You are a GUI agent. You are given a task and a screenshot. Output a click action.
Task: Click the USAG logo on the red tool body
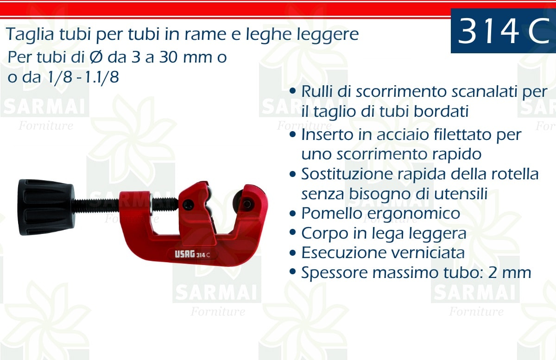coord(185,254)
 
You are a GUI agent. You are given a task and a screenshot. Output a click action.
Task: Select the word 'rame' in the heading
coord(205,34)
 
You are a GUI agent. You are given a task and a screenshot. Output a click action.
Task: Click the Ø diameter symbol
coord(96,57)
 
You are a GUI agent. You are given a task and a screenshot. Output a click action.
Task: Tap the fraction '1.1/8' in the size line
coord(102,77)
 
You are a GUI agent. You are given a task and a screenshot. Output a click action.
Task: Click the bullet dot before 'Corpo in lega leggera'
coord(293,233)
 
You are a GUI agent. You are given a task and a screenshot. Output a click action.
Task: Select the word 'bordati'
coord(441,111)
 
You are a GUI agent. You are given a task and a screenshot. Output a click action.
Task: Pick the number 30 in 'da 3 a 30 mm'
coord(168,57)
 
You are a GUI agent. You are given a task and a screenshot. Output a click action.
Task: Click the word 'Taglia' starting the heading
coord(30,35)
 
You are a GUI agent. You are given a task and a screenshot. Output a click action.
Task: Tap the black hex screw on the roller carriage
coord(188,205)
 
